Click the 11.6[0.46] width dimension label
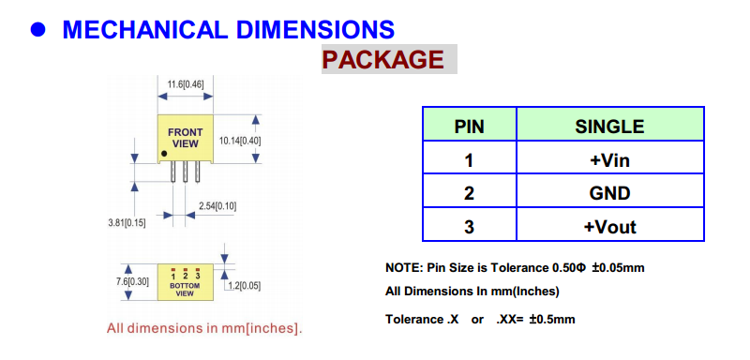185,84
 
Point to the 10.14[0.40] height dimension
240,141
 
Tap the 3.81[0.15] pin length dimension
127,222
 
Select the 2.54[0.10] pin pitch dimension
217,206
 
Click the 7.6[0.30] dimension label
132,281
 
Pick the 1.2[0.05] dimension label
244,286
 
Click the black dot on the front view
164,154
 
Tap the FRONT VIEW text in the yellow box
185,138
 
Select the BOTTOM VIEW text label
185,290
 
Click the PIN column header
469,127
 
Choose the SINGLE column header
609,127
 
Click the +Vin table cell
609,159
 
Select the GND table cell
609,193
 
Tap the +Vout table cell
610,226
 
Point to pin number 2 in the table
469,193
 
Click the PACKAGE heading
383,59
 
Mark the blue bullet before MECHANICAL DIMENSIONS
37,30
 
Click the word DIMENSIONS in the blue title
315,30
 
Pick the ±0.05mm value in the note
618,268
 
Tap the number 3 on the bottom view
197,277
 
